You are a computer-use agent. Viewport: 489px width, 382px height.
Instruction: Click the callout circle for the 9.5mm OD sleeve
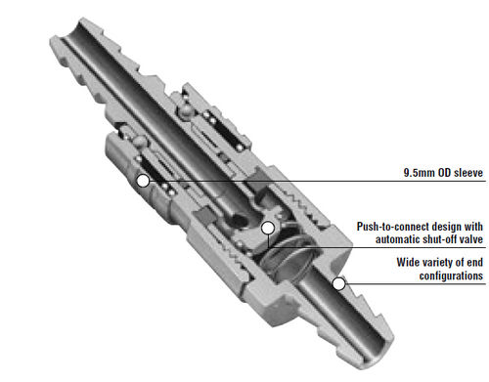pyautogui.click(x=143, y=181)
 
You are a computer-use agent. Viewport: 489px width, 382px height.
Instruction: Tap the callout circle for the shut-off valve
pyautogui.click(x=268, y=228)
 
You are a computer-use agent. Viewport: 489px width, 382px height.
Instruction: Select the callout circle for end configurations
pyautogui.click(x=339, y=284)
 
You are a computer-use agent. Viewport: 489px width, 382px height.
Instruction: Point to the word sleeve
pyautogui.click(x=468, y=173)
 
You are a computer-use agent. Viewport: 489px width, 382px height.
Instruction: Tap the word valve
pyautogui.click(x=471, y=239)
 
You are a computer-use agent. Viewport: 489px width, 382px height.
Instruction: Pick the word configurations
pyautogui.click(x=451, y=276)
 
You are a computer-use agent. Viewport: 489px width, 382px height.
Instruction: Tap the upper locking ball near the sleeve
pyautogui.click(x=186, y=110)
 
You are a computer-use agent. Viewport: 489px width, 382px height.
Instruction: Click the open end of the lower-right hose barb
pyautogui.click(x=378, y=354)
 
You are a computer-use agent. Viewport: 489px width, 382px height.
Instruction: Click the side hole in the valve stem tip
pyautogui.click(x=238, y=221)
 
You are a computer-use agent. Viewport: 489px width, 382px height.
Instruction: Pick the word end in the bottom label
pyautogui.click(x=475, y=263)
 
